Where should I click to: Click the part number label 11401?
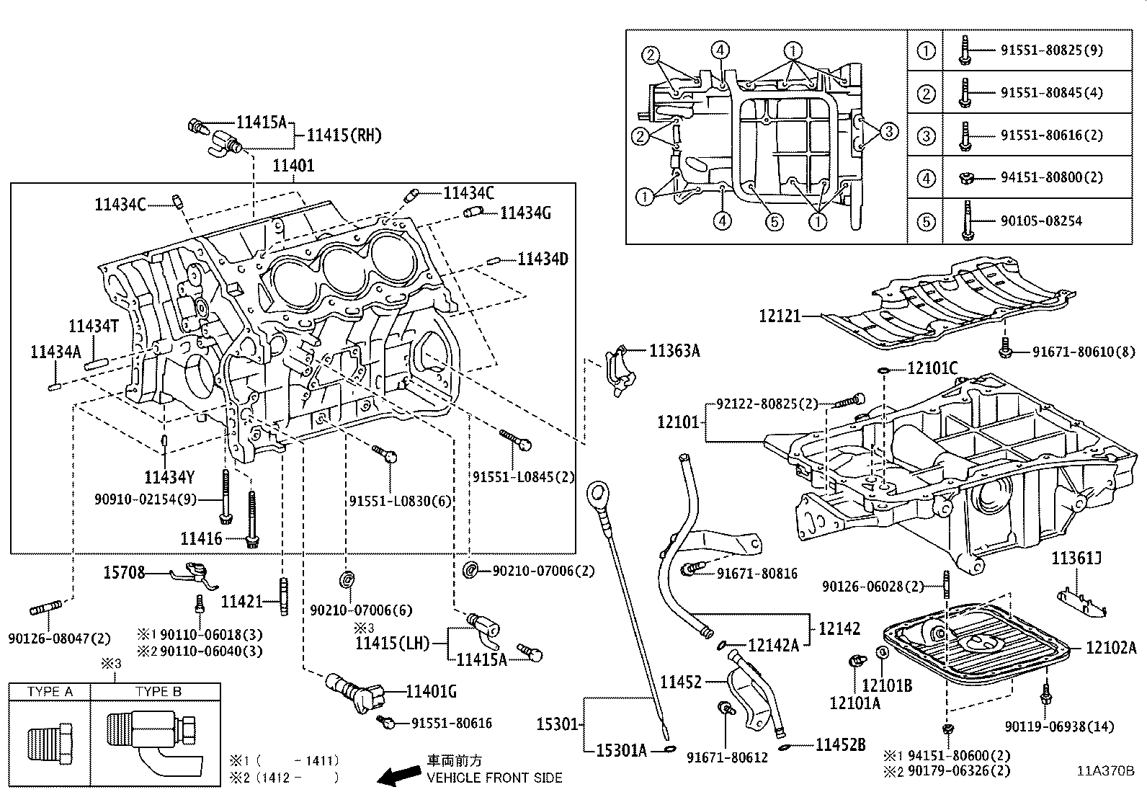click(x=293, y=166)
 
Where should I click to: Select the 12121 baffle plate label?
click(x=779, y=316)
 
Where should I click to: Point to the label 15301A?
click(x=622, y=750)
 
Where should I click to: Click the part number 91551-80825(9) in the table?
click(x=1051, y=50)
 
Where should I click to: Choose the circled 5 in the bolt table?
click(x=926, y=221)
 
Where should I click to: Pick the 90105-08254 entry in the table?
click(x=1041, y=221)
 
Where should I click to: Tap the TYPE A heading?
click(x=50, y=692)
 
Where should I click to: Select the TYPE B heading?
click(x=159, y=692)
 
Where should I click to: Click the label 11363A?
click(x=674, y=351)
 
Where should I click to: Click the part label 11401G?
click(x=432, y=692)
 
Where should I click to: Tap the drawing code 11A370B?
click(x=1106, y=770)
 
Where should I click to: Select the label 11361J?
click(x=1076, y=558)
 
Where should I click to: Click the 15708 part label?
click(x=124, y=573)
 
